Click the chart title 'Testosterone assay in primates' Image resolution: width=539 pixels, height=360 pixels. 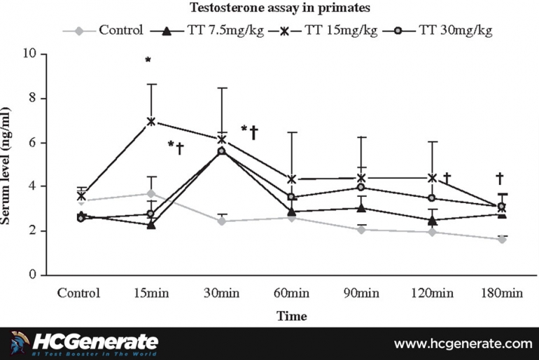click(x=269, y=9)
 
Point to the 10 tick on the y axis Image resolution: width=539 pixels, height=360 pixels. click(x=31, y=54)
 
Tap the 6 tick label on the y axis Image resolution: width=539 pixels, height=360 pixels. click(x=34, y=142)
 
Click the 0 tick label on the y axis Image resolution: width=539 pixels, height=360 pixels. click(x=34, y=275)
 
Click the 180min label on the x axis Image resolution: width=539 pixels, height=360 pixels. click(x=501, y=293)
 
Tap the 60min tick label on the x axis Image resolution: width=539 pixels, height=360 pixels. click(x=290, y=293)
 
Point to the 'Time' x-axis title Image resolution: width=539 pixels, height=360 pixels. click(x=290, y=316)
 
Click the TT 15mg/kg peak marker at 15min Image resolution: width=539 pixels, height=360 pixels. click(x=150, y=121)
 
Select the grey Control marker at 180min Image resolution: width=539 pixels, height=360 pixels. click(x=501, y=240)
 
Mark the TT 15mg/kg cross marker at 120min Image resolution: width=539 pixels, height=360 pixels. click(x=432, y=178)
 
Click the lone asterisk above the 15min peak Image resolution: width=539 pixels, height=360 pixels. click(x=148, y=61)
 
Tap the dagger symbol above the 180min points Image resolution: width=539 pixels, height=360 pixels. click(x=499, y=179)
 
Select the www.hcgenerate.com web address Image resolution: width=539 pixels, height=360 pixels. click(x=463, y=343)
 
